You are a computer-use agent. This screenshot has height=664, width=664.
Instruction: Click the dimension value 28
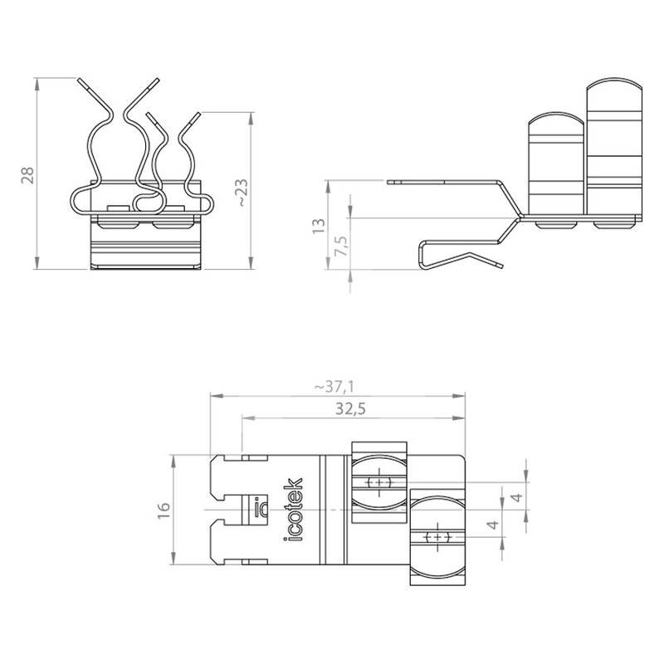click(x=28, y=175)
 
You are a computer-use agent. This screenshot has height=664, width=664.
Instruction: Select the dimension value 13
click(x=319, y=226)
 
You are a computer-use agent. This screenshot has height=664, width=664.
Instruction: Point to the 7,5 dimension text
click(x=341, y=245)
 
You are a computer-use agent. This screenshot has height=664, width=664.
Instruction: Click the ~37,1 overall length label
click(x=334, y=387)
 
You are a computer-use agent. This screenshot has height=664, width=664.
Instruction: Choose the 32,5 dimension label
click(x=350, y=409)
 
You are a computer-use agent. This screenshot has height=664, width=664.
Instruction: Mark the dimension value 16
click(x=164, y=510)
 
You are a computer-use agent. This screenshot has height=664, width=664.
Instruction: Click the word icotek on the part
click(x=293, y=510)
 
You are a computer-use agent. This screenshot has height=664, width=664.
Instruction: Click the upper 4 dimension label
click(x=517, y=496)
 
